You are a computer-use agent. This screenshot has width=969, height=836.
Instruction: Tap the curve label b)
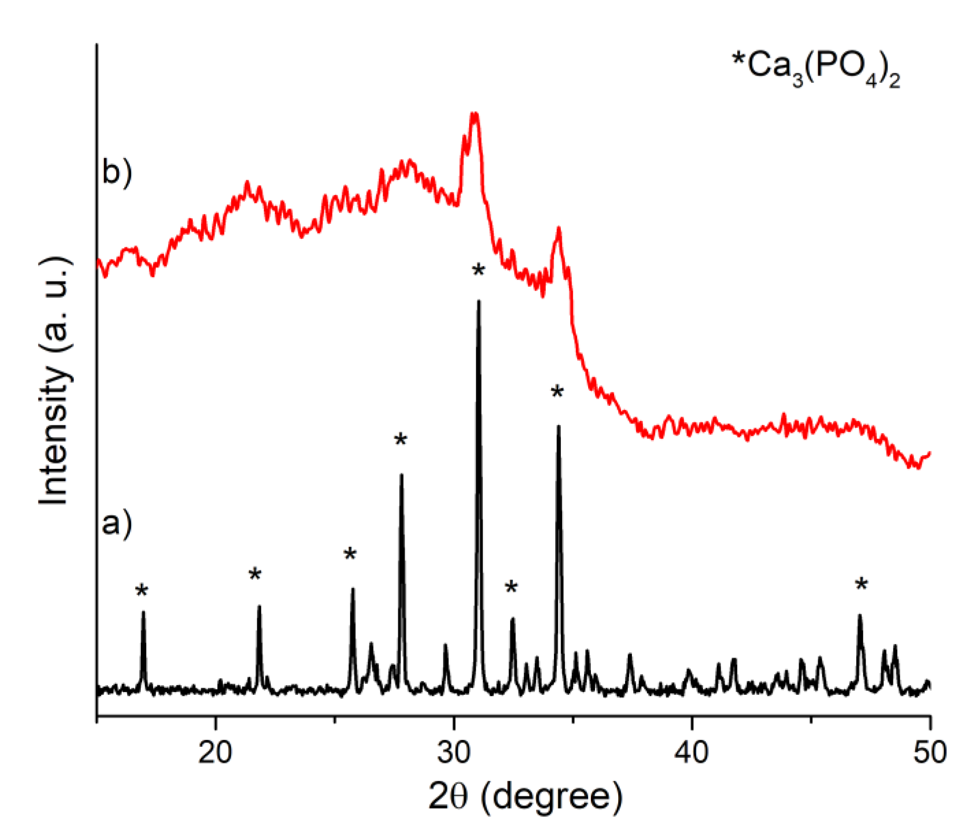117,172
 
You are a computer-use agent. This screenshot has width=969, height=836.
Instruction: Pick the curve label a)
117,523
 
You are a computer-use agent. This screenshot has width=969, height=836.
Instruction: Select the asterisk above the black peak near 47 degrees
861,585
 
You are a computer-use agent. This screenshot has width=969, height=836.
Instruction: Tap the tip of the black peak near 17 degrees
143,612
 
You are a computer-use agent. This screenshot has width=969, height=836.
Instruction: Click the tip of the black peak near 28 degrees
401,475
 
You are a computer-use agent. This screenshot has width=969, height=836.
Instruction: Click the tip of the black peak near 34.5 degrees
558,426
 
